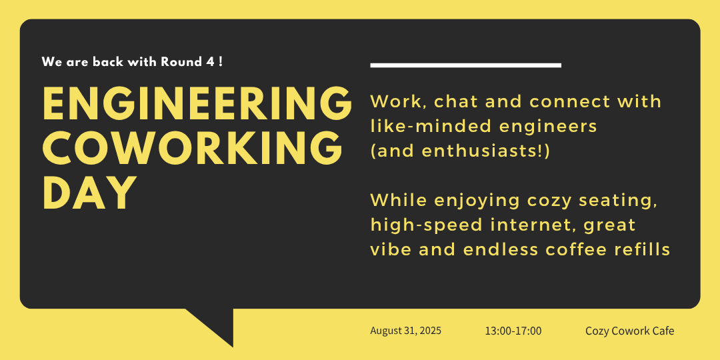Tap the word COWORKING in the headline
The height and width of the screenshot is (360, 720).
point(193,148)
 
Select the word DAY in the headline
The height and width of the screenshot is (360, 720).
point(89,193)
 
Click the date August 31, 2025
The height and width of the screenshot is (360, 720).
point(406,331)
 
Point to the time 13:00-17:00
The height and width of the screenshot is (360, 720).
point(513,331)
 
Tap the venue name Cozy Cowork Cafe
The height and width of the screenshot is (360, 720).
point(630,331)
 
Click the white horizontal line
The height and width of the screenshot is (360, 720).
point(465,65)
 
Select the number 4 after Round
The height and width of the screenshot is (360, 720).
point(211,62)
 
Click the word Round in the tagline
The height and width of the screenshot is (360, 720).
point(181,62)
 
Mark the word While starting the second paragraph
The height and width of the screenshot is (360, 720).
point(399,201)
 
